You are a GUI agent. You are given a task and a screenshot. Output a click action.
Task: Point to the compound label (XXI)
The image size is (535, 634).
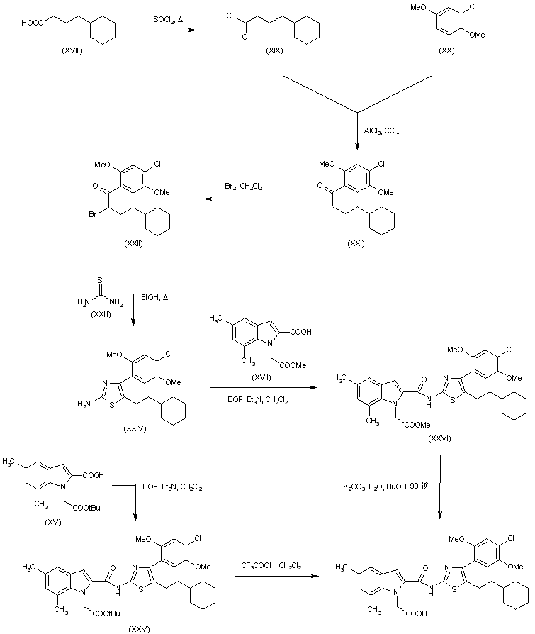(356, 243)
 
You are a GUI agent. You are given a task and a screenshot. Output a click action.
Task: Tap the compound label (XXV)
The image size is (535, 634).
(138, 628)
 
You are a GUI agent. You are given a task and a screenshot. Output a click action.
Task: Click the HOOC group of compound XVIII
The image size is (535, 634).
(31, 23)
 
